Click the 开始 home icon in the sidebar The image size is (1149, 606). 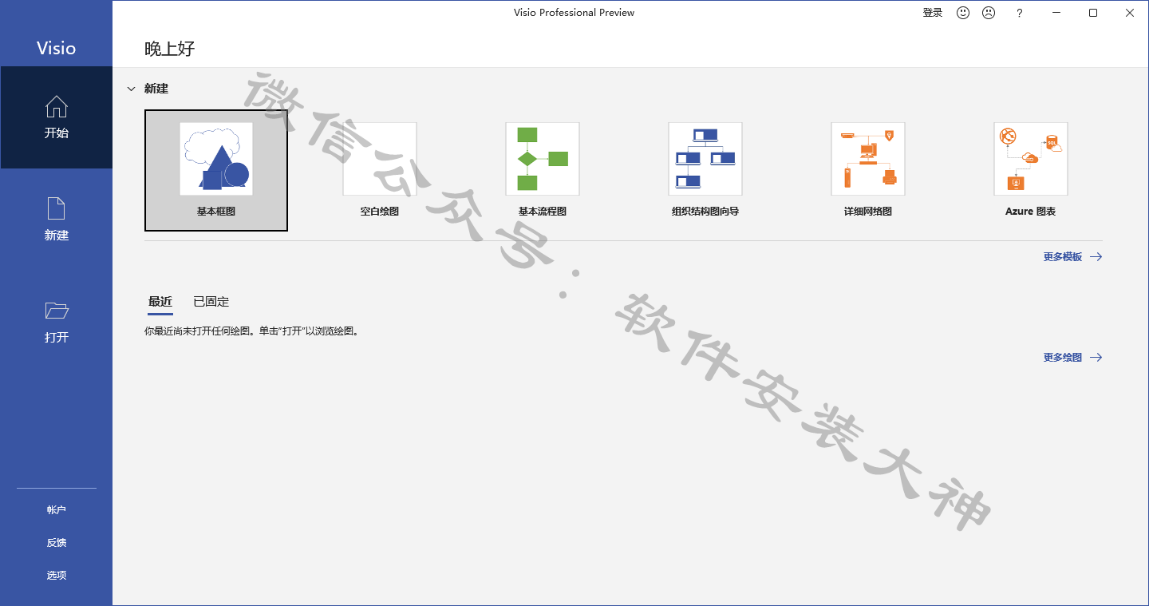[x=57, y=106]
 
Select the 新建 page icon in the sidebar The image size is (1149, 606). [x=57, y=208]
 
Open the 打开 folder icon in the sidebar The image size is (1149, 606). [x=57, y=311]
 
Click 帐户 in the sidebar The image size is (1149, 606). [x=57, y=509]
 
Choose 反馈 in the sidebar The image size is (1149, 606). [x=57, y=542]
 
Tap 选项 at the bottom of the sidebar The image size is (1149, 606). [x=57, y=575]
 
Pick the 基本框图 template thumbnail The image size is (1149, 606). [x=216, y=159]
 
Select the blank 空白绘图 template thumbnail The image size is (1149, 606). [x=380, y=159]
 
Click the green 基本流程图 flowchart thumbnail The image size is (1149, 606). [x=543, y=159]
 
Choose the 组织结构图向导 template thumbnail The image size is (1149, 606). [x=705, y=159]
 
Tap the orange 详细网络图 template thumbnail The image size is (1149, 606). [x=868, y=159]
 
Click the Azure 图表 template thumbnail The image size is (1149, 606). [x=1031, y=159]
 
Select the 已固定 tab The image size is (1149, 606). [x=211, y=302]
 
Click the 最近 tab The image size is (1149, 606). [x=160, y=302]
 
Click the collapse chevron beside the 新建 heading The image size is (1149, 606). [x=132, y=89]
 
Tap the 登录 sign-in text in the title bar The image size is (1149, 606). [x=933, y=13]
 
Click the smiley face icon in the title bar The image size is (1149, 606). [x=963, y=13]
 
